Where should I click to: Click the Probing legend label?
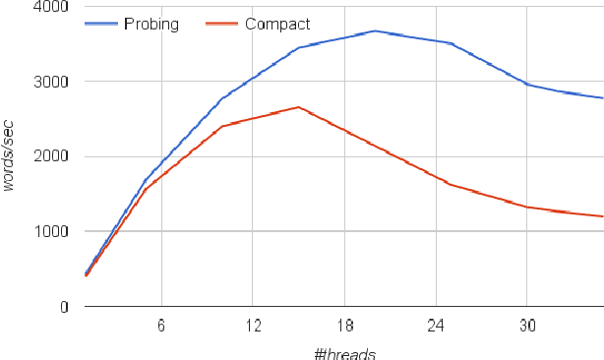point(151,25)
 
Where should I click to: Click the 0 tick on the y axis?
point(62,307)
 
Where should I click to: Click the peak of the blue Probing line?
point(375,31)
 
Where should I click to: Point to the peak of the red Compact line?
point(298,107)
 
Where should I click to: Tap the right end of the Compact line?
point(602,216)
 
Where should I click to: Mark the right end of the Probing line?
point(602,98)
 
